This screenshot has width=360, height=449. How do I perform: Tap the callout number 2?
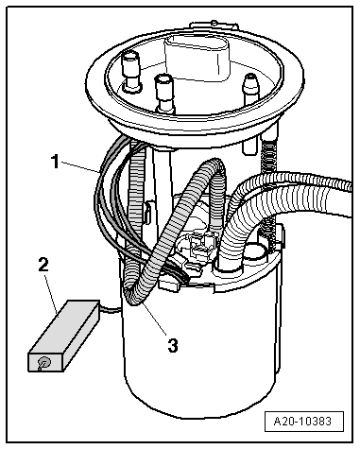click(x=44, y=265)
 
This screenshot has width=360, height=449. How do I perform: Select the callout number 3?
click(x=173, y=346)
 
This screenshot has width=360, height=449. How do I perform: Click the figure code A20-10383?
click(x=302, y=422)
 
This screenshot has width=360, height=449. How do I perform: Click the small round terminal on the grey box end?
click(x=43, y=363)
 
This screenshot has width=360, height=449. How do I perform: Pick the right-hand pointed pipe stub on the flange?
click(x=251, y=86)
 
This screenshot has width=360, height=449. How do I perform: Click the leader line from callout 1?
click(x=80, y=167)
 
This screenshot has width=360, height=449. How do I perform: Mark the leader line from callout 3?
click(x=153, y=319)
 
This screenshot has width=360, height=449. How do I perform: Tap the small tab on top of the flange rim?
click(x=214, y=26)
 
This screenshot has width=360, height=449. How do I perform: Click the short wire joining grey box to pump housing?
click(x=111, y=308)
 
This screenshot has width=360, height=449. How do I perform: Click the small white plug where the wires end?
click(x=169, y=284)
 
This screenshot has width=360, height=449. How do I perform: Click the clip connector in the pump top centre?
click(x=202, y=242)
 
